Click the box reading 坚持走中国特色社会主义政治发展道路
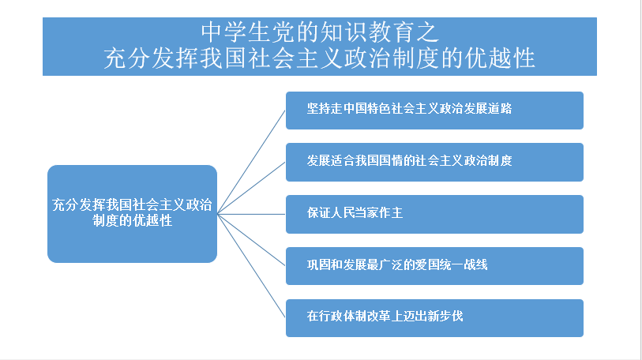434,111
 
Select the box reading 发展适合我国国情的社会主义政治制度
434,162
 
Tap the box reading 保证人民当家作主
434,214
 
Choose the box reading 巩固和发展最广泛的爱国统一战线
434,266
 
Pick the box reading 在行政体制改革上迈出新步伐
434,318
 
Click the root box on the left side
132,214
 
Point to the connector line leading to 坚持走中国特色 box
251,162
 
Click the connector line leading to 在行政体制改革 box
251,266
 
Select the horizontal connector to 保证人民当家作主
251,214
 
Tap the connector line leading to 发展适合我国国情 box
251,188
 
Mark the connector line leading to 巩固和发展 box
251,240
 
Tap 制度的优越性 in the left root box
132,221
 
